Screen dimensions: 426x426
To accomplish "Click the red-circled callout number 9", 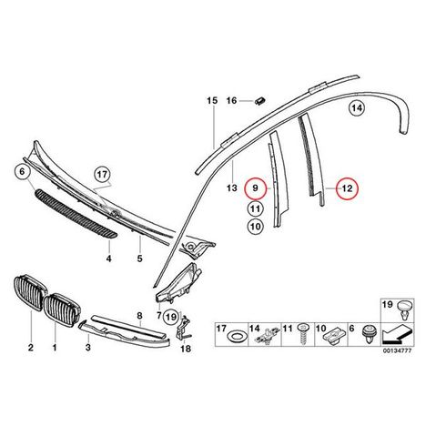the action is pos(256,188).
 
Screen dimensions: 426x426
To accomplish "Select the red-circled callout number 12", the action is pos(347,188).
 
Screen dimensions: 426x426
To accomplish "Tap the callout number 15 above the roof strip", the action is pos(212,100).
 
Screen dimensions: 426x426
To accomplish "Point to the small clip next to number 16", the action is pos(259,100).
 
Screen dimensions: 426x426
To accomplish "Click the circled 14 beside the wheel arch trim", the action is pos(357,107).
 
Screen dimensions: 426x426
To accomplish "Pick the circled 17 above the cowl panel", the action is pos(102,175).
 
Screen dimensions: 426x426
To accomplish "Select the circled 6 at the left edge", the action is pos(22,172).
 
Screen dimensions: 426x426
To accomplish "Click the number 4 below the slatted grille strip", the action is pos(108,259).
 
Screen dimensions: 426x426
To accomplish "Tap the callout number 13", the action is pos(232,188).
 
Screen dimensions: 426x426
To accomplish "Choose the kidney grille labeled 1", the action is pos(61,309).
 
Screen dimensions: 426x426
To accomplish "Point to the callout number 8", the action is pos(139,316).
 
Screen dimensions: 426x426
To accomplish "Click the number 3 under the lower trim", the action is pos(87,348).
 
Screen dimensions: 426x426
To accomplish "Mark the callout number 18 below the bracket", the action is pos(186,349).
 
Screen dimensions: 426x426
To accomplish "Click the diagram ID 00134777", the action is pos(397,350).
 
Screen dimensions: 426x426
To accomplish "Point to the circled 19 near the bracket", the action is pos(171,318).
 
